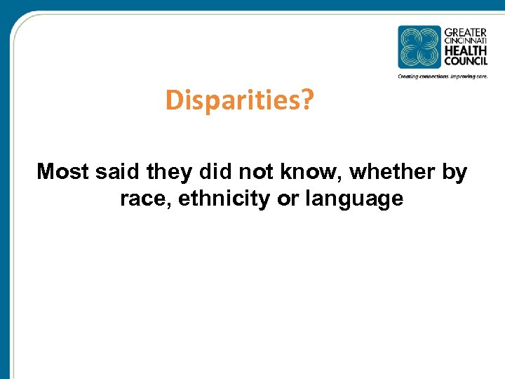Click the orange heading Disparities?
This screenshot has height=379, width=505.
click(239, 102)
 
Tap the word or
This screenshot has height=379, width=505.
click(288, 199)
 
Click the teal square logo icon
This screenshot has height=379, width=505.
click(419, 47)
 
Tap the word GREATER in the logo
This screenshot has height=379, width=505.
click(465, 32)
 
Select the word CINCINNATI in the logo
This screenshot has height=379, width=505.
click(465, 41)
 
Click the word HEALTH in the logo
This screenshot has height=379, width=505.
click(465, 51)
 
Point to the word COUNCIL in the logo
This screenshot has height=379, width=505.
click(465, 62)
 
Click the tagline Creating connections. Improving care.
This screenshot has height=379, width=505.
click(442, 76)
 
